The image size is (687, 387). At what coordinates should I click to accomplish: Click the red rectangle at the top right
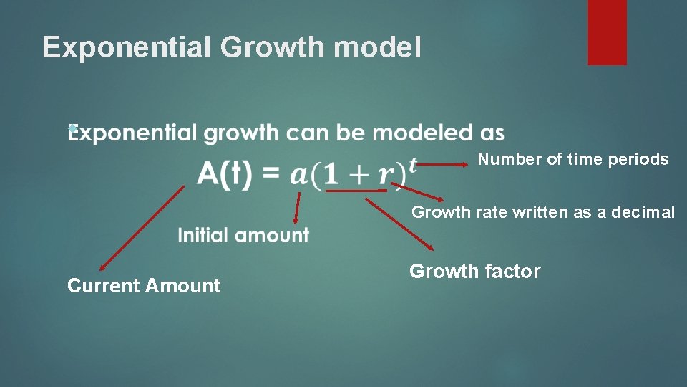tap(607, 32)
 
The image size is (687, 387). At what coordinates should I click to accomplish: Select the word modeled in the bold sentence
tap(419, 133)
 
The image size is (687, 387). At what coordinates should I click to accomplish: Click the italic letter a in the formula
tap(300, 175)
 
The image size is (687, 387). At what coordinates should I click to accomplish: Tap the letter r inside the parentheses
tap(386, 176)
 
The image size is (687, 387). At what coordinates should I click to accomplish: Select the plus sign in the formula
tap(358, 174)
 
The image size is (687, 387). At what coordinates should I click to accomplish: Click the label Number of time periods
tap(573, 159)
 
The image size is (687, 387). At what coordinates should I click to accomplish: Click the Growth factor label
tap(474, 272)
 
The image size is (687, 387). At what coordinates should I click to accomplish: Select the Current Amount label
tap(144, 286)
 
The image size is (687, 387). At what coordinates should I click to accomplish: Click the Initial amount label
tap(243, 235)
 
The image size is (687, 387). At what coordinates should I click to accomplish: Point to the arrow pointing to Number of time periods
tap(444, 163)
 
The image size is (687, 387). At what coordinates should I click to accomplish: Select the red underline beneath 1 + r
tap(356, 191)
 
